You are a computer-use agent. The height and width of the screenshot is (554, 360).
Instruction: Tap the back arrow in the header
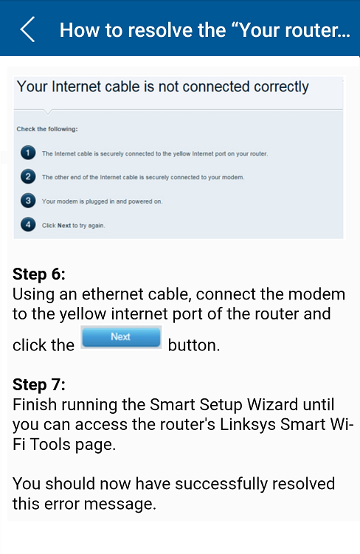click(x=27, y=30)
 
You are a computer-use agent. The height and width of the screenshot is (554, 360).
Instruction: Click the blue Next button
click(x=121, y=337)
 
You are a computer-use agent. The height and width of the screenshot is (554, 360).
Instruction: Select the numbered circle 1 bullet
click(x=28, y=153)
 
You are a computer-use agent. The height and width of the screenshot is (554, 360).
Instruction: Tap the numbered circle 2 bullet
click(x=28, y=176)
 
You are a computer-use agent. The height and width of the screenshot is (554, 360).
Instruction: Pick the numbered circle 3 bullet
click(x=28, y=201)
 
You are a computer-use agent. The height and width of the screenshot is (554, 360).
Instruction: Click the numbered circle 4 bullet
click(x=28, y=225)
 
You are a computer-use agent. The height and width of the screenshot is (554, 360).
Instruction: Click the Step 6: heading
click(x=39, y=274)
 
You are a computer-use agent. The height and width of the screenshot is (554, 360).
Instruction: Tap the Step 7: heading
click(x=39, y=384)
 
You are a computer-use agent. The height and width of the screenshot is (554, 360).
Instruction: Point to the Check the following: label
click(x=47, y=129)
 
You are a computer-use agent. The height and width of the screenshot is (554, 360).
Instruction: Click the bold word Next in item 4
click(x=64, y=226)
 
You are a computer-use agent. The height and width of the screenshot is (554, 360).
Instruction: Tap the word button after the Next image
click(x=193, y=345)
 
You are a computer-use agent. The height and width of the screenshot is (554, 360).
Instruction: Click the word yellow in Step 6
click(x=83, y=314)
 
